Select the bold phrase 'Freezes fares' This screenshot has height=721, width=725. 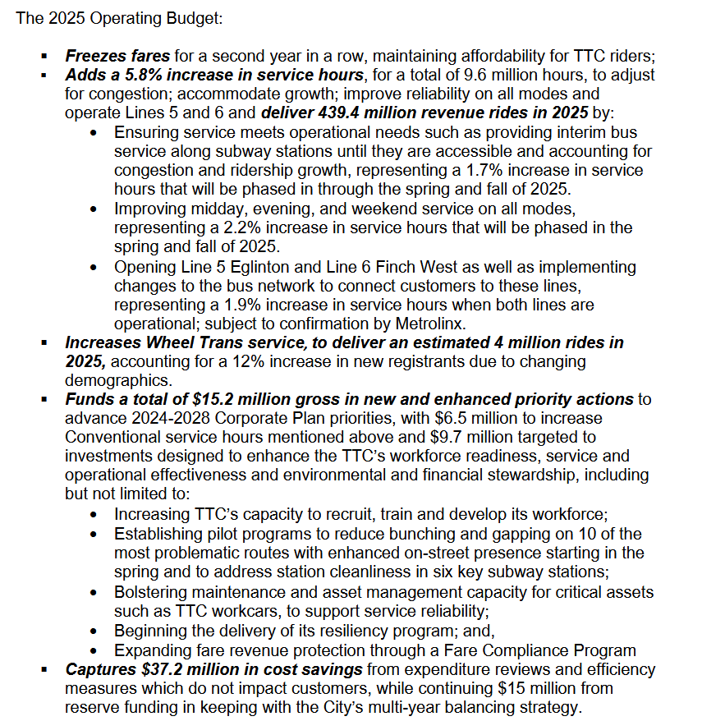coord(117,57)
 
